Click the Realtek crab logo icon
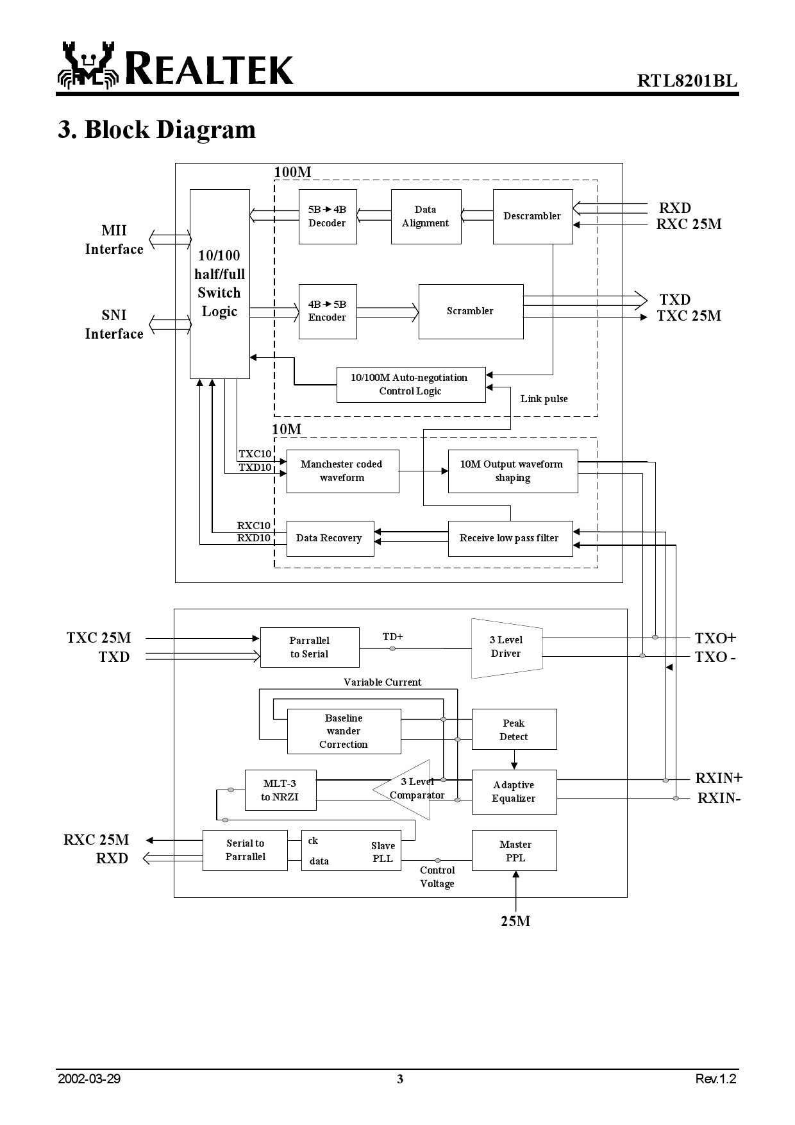[x=88, y=65]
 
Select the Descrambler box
[x=532, y=216]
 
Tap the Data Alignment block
[x=426, y=216]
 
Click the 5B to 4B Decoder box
[x=327, y=216]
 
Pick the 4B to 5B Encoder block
[x=327, y=311]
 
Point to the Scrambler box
[x=471, y=311]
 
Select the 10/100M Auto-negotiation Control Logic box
[x=410, y=384]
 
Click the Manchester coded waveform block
[x=342, y=471]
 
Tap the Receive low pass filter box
[x=510, y=538]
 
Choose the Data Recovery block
[x=330, y=538]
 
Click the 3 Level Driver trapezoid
[x=506, y=647]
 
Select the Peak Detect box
[x=514, y=729]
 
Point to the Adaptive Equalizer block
[x=514, y=791]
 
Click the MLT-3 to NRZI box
[x=280, y=790]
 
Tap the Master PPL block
[x=514, y=850]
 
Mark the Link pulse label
[x=544, y=399]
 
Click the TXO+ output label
[x=715, y=638]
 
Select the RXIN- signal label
[x=719, y=798]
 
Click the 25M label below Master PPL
[x=515, y=921]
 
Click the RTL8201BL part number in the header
[x=687, y=81]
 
